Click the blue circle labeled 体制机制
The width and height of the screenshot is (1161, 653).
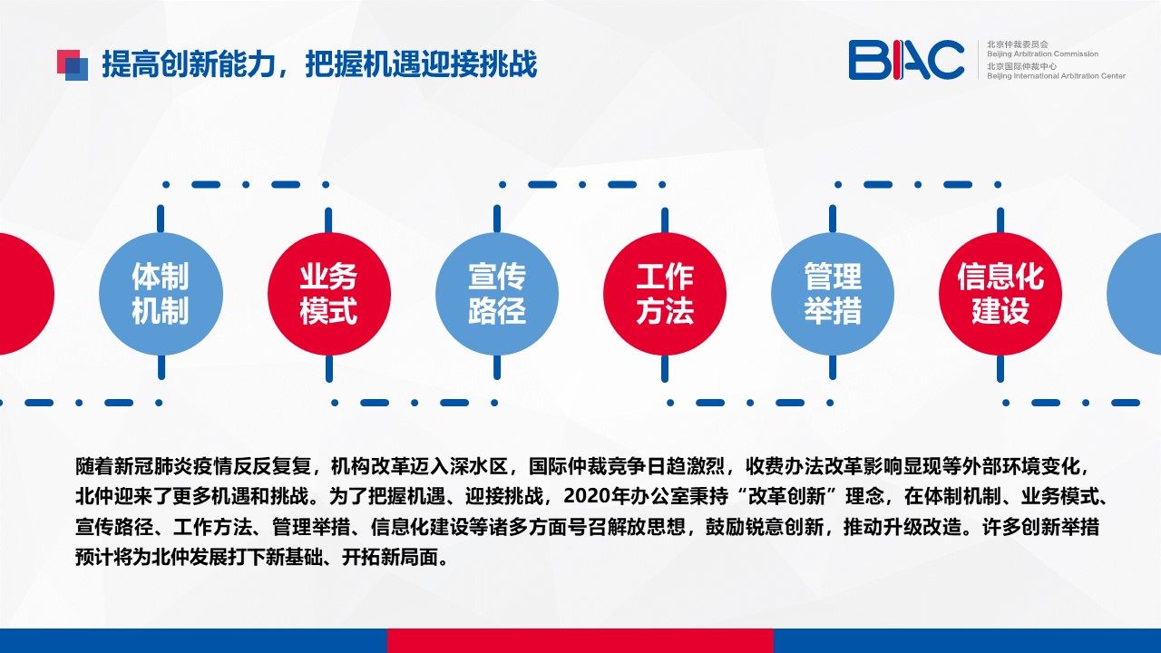click(x=161, y=294)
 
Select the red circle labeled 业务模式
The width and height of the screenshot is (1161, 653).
click(x=329, y=294)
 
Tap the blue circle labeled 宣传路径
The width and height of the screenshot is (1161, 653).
click(x=497, y=294)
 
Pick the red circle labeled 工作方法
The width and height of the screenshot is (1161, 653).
click(x=665, y=294)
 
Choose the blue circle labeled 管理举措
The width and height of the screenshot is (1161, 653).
click(x=833, y=294)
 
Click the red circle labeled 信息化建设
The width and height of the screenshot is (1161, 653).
click(x=1000, y=294)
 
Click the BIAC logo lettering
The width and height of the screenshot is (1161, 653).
click(x=906, y=60)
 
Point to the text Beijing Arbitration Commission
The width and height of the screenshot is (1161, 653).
click(x=1042, y=54)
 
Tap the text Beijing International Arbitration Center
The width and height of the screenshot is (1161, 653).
click(x=1057, y=75)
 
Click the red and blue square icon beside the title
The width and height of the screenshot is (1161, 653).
click(x=73, y=65)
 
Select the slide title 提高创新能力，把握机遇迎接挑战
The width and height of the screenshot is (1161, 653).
click(x=319, y=64)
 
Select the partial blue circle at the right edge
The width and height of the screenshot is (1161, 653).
click(x=1135, y=294)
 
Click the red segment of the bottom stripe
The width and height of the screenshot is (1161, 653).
click(x=580, y=640)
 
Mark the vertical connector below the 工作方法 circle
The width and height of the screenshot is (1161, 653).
click(x=665, y=368)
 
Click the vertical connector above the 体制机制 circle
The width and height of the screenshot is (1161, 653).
click(x=161, y=219)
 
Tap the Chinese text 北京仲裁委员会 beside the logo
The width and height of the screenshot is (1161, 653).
click(x=1018, y=44)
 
